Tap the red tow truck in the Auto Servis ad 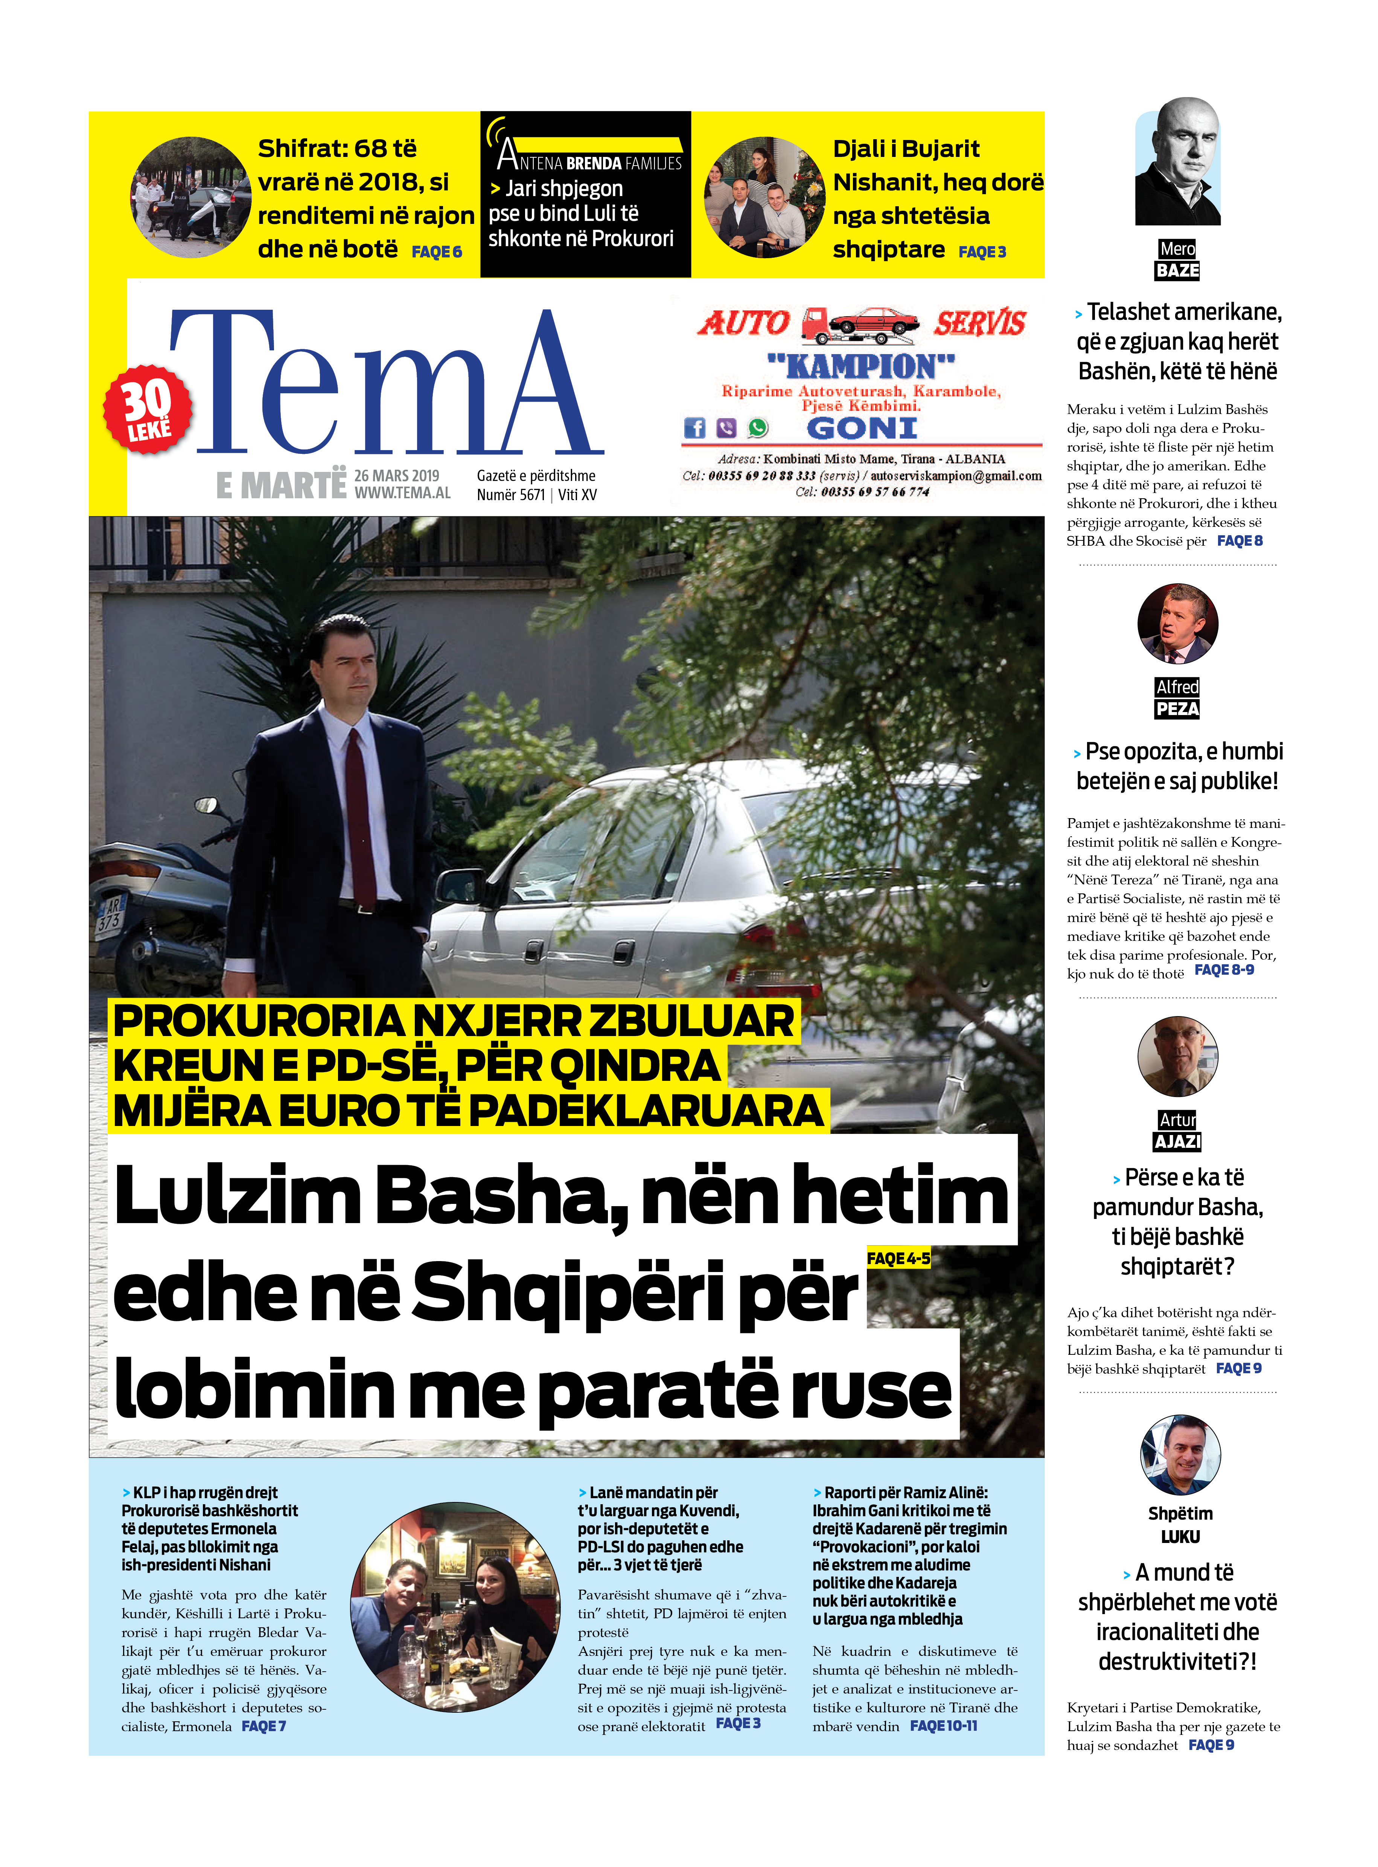pos(859,325)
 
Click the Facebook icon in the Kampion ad pos(694,428)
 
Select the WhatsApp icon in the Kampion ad pos(757,428)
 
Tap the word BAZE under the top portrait pos(1177,270)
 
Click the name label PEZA pos(1177,709)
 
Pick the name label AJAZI pos(1177,1141)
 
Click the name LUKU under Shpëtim pos(1180,1537)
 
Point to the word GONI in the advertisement pos(862,429)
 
